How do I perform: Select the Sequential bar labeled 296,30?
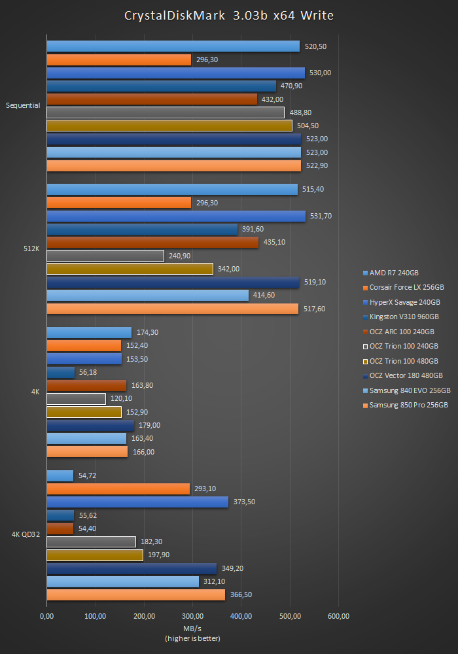pos(119,60)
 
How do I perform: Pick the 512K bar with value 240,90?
pos(105,256)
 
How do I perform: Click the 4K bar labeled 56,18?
pos(61,372)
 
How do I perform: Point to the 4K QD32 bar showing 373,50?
pos(137,502)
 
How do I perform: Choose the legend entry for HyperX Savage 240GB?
pos(404,302)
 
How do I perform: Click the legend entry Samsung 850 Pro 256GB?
pos(408,405)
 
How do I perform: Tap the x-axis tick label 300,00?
pos(192,616)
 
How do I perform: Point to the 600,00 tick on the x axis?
pos(338,616)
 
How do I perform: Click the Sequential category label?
pos(23,105)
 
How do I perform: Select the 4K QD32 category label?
pos(26,534)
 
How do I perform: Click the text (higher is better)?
pos(192,638)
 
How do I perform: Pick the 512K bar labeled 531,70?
pos(176,216)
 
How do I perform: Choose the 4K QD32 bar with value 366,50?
pos(135,594)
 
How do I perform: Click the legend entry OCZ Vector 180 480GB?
pos(406,375)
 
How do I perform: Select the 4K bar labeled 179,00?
pos(90,425)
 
